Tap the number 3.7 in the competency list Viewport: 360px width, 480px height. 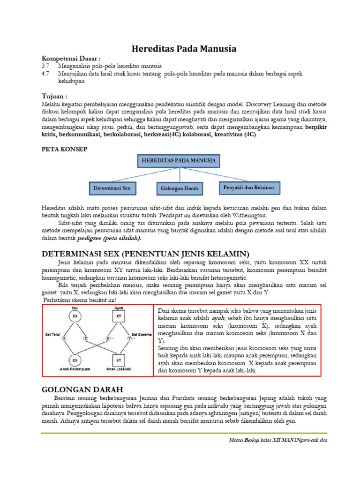pos(45,66)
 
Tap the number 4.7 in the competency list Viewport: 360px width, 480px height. pos(45,74)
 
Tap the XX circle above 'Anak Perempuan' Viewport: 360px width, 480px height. pos(74,360)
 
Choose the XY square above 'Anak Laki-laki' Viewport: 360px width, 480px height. pos(119,360)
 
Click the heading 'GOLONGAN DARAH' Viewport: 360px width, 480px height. pos(82,390)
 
